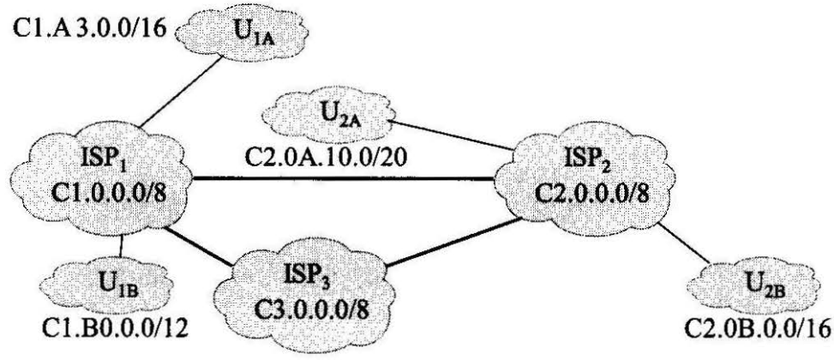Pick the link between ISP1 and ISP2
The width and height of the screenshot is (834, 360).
point(343,178)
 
